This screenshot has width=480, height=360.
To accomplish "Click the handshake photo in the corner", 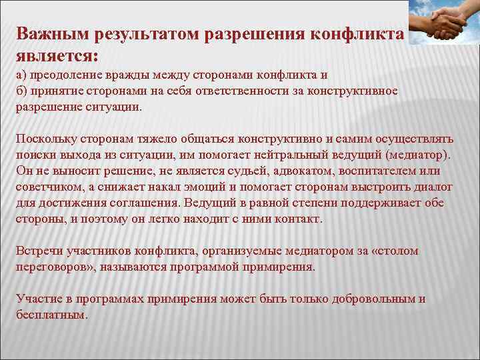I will click(443, 23).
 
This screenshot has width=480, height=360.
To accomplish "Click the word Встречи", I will click(39, 251).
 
